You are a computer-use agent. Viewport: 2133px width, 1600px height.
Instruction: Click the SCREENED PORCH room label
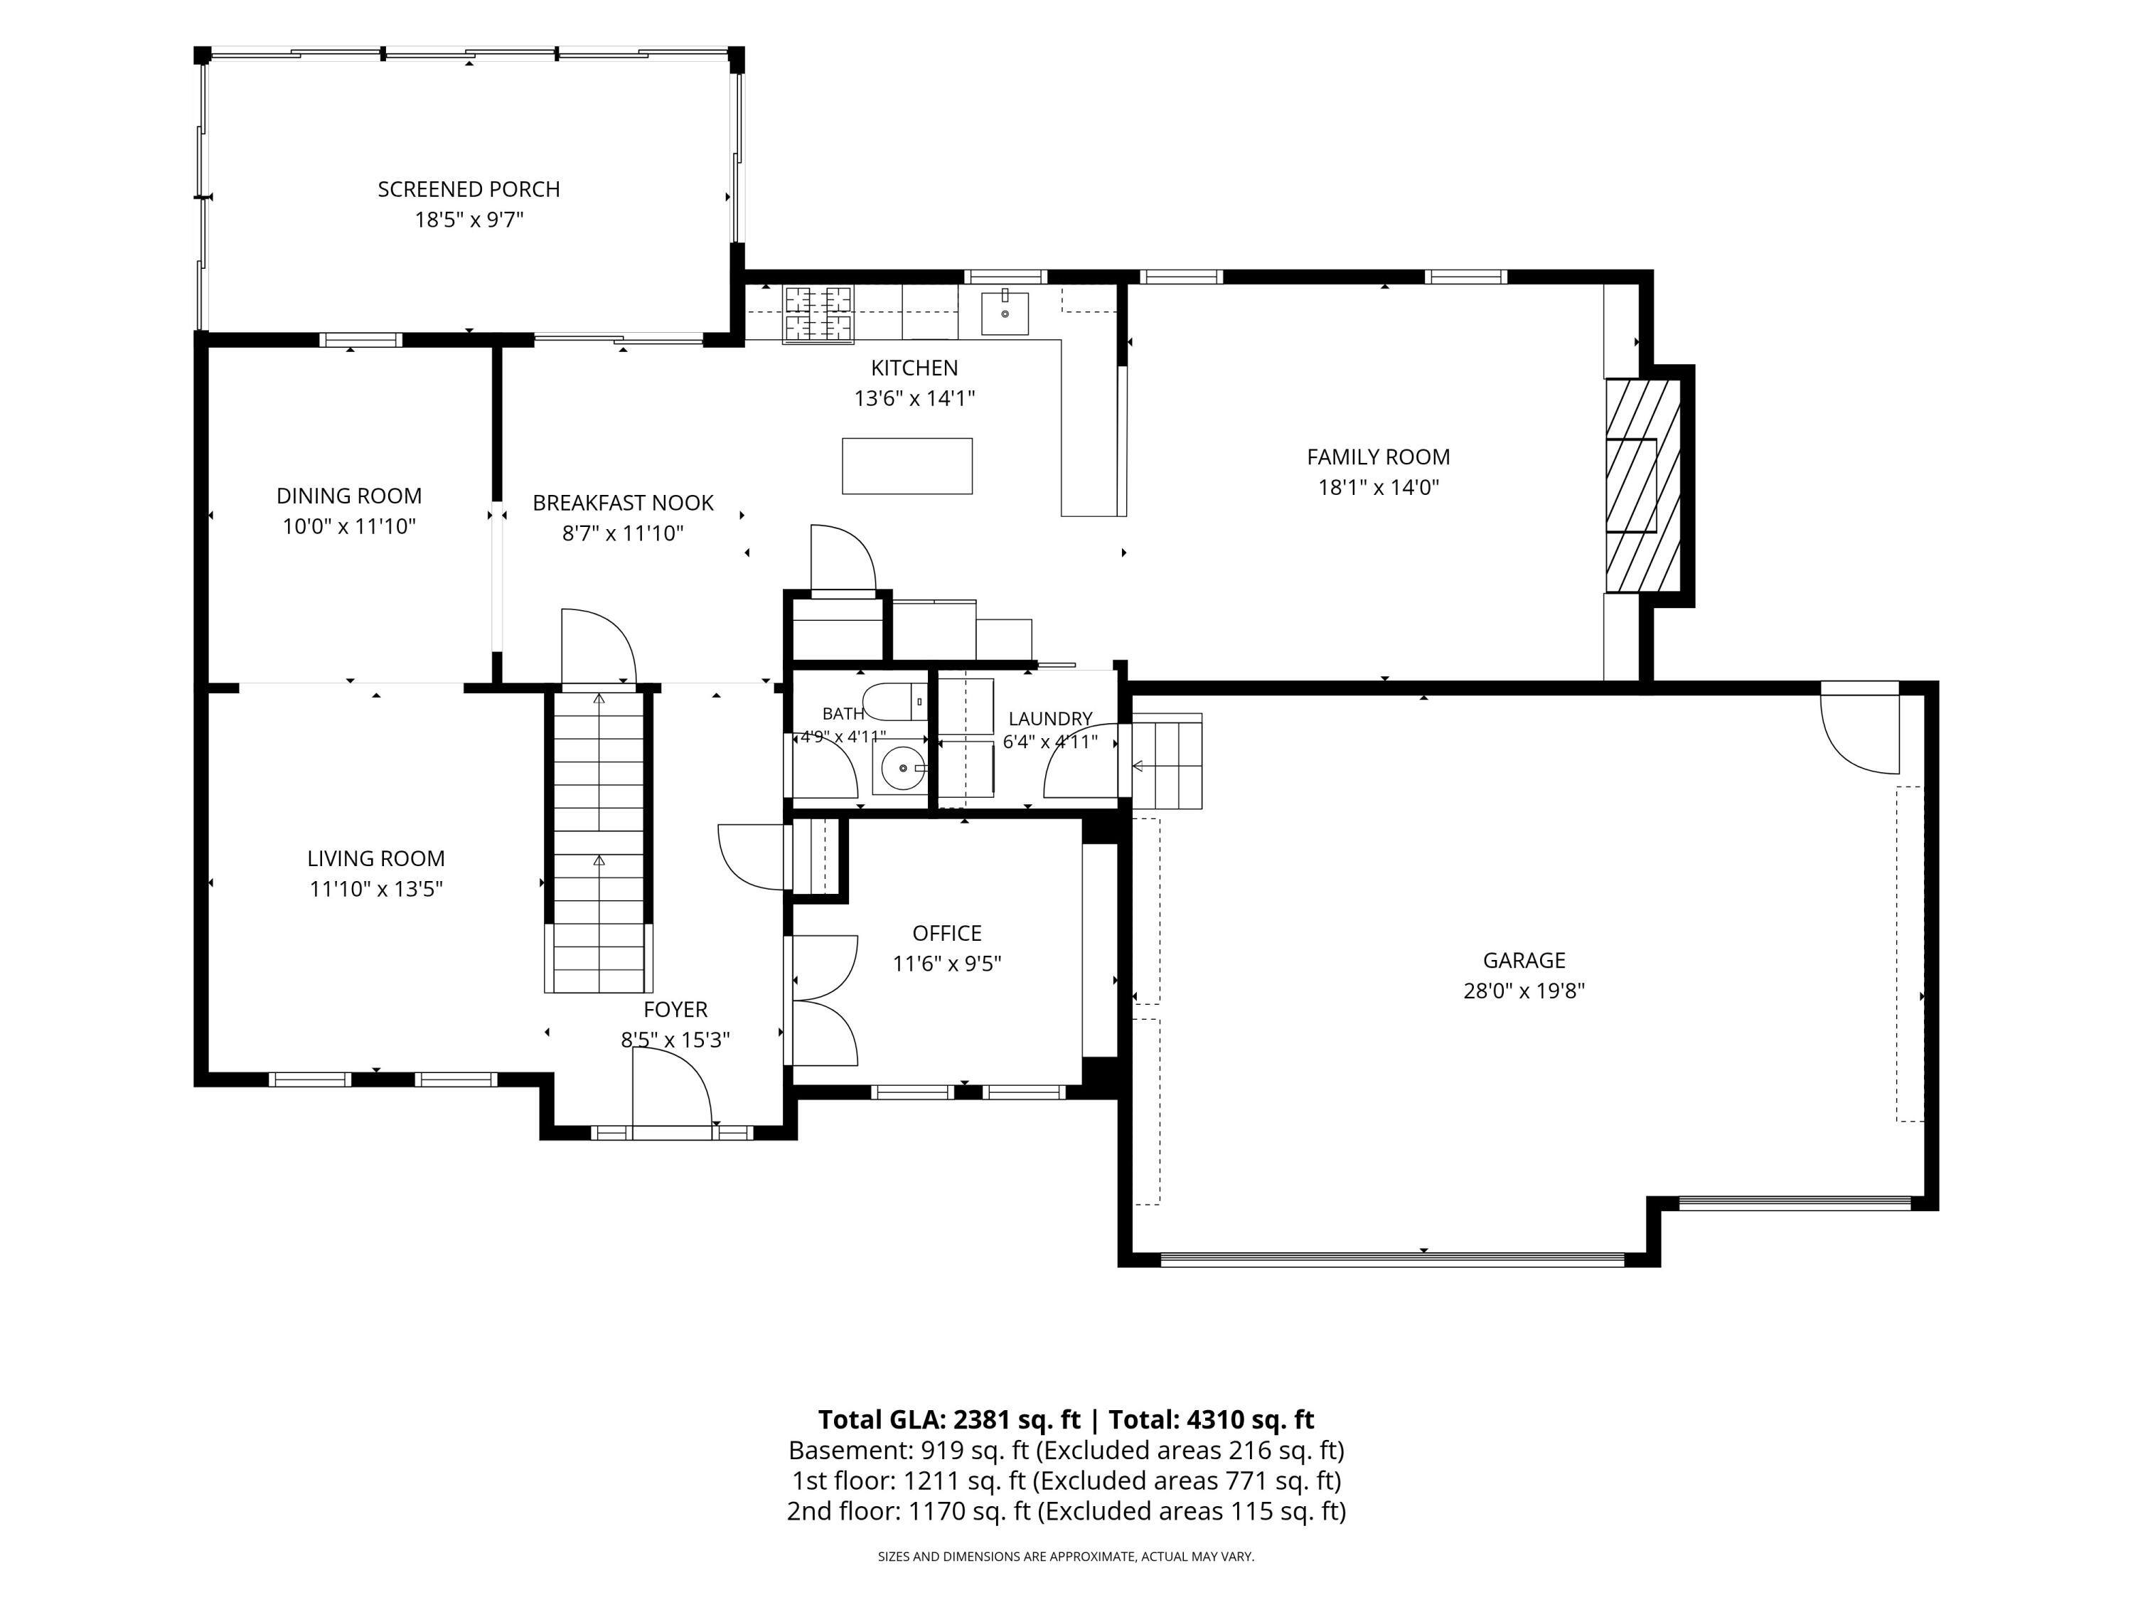click(x=469, y=189)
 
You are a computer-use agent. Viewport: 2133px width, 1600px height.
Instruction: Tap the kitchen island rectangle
click(x=907, y=466)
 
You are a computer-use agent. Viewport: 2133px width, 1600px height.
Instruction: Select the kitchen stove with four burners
click(x=818, y=314)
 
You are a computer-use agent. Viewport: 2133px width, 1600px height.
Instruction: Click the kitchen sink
click(x=1005, y=312)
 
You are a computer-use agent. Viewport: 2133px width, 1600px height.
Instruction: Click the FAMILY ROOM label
click(x=1378, y=457)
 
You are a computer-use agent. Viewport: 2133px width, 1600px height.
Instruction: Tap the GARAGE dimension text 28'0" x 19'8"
click(x=1524, y=991)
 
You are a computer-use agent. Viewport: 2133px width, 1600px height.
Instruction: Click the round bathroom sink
click(x=901, y=768)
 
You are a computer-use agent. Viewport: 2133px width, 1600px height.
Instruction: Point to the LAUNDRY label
click(x=1050, y=718)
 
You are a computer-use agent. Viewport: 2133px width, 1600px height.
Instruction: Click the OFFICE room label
click(x=947, y=934)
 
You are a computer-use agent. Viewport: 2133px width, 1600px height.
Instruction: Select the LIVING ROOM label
click(x=376, y=858)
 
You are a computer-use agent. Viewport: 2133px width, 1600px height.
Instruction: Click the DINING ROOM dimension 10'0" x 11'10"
click(x=349, y=527)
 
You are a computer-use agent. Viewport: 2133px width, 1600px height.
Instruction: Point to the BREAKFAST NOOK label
click(x=623, y=503)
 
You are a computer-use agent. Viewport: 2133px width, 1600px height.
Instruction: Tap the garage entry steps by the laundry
click(x=1167, y=762)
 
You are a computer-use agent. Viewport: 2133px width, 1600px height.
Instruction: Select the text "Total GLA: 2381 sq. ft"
click(x=949, y=1419)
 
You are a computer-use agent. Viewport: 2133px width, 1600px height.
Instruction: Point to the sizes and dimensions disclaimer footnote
click(x=1066, y=1557)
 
